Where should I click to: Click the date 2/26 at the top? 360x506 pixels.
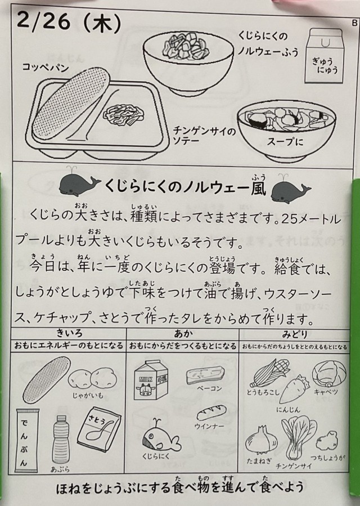click(43, 21)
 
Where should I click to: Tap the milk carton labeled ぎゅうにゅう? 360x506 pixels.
click(324, 56)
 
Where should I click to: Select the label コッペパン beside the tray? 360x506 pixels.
click(46, 68)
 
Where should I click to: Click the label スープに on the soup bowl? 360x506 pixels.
click(285, 141)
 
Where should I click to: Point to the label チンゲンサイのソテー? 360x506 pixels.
click(205, 136)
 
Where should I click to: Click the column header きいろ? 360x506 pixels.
click(69, 333)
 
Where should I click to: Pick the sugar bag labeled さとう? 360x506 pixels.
click(99, 429)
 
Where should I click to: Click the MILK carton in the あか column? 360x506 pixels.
click(152, 380)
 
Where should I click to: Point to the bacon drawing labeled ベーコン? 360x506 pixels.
click(205, 375)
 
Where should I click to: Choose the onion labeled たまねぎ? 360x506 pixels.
click(262, 440)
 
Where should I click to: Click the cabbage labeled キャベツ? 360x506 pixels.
click(329, 373)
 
